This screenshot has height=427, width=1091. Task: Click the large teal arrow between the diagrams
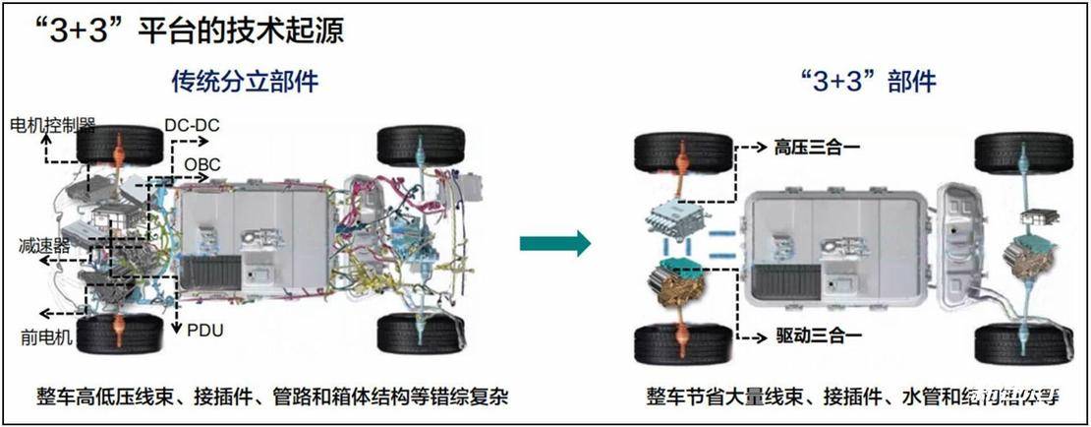554,242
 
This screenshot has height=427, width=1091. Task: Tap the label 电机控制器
52,125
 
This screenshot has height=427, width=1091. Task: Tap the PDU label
204,331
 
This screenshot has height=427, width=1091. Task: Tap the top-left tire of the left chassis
120,148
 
